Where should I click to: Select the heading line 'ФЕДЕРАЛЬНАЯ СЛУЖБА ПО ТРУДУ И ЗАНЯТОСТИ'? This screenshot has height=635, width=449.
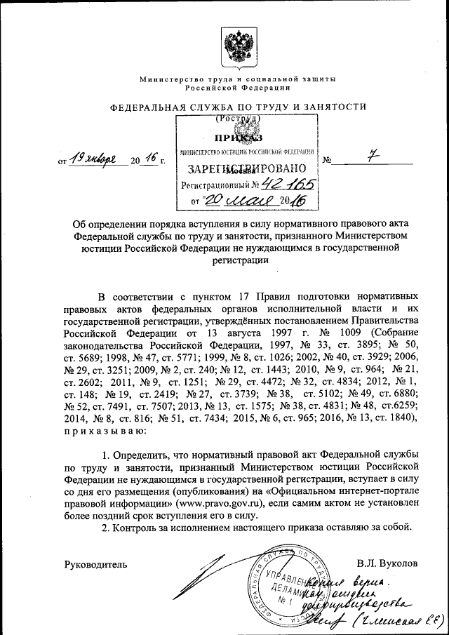(238, 107)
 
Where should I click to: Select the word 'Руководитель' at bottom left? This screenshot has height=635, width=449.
(95, 563)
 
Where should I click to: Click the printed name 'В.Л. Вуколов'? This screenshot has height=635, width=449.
(387, 563)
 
